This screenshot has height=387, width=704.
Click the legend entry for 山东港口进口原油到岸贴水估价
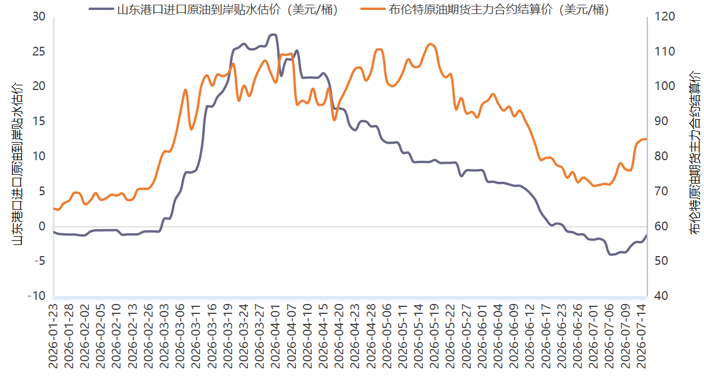click(214, 9)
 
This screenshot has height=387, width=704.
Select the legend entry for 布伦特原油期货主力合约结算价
click(485, 9)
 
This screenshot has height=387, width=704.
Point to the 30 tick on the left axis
click(39, 16)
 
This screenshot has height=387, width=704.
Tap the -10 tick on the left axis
click(37, 296)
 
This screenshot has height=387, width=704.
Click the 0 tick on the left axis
click(42, 226)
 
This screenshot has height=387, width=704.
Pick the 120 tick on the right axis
click(665, 16)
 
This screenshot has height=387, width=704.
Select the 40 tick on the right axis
click(661, 296)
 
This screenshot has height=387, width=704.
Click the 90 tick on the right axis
click(661, 121)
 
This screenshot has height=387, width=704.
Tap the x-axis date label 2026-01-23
click(53, 336)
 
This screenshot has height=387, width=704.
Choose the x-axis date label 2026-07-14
click(641, 336)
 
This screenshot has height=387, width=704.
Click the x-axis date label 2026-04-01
click(275, 336)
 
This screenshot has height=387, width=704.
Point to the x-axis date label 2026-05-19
click(434, 336)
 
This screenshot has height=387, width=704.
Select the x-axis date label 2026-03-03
click(164, 336)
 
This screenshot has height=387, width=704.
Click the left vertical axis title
click(18, 164)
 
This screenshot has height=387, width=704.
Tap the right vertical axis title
click(695, 153)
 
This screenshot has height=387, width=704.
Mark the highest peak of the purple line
click(274, 34)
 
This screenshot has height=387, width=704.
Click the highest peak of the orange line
click(430, 44)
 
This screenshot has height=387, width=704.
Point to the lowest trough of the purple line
click(611, 255)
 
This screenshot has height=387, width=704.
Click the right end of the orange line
click(647, 139)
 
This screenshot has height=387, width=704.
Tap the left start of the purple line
click(54, 232)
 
